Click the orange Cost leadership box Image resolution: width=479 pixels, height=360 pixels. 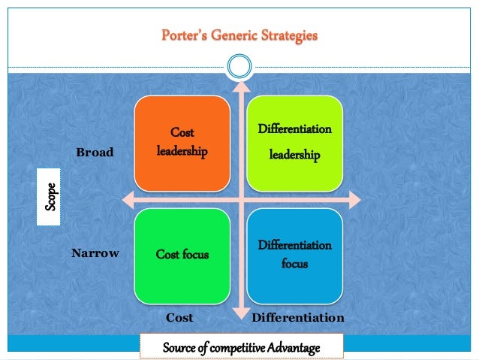click(182, 143)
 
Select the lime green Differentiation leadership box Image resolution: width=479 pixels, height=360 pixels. click(295, 143)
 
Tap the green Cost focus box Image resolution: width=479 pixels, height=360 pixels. click(182, 255)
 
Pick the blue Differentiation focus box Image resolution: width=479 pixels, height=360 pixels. click(295, 255)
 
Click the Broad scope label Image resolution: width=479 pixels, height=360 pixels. click(95, 153)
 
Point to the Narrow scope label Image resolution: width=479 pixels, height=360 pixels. click(95, 253)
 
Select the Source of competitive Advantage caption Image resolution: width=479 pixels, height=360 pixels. click(242, 348)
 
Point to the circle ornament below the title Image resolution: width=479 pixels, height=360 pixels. click(239, 68)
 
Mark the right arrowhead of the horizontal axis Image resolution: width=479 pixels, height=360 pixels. click(355, 199)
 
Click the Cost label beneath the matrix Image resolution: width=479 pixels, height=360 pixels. click(179, 318)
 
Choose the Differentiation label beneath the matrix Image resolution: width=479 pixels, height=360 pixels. click(297, 318)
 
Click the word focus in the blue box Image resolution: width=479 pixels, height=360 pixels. click(295, 265)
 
